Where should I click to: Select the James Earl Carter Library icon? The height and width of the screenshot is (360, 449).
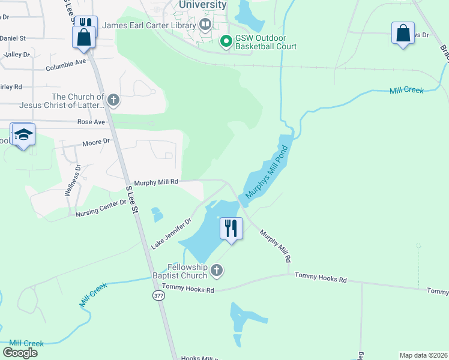[206, 25]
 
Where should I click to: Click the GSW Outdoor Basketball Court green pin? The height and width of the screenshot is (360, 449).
[226, 41]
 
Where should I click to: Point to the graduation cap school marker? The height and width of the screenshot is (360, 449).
[23, 135]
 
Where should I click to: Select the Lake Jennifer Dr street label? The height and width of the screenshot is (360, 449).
[170, 233]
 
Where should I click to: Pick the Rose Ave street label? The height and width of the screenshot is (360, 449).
[91, 122]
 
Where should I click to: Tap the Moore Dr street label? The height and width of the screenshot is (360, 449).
[97, 142]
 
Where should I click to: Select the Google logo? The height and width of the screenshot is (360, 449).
[20, 352]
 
